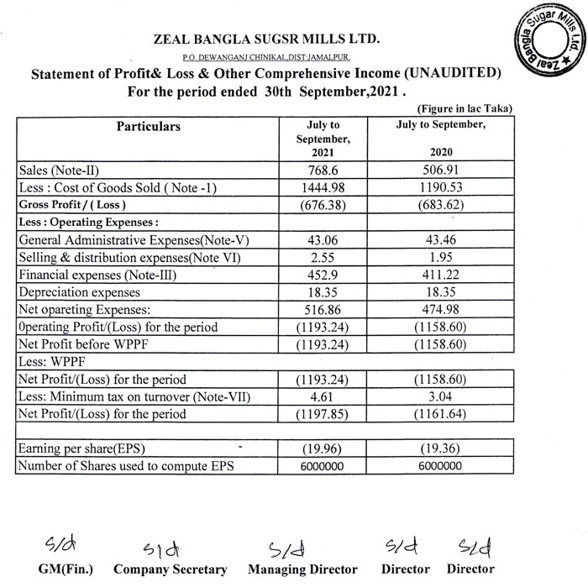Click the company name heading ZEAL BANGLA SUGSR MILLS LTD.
click(x=267, y=38)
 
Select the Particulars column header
click(x=148, y=127)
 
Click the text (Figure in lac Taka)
click(x=465, y=109)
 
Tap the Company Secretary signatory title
click(x=171, y=569)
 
